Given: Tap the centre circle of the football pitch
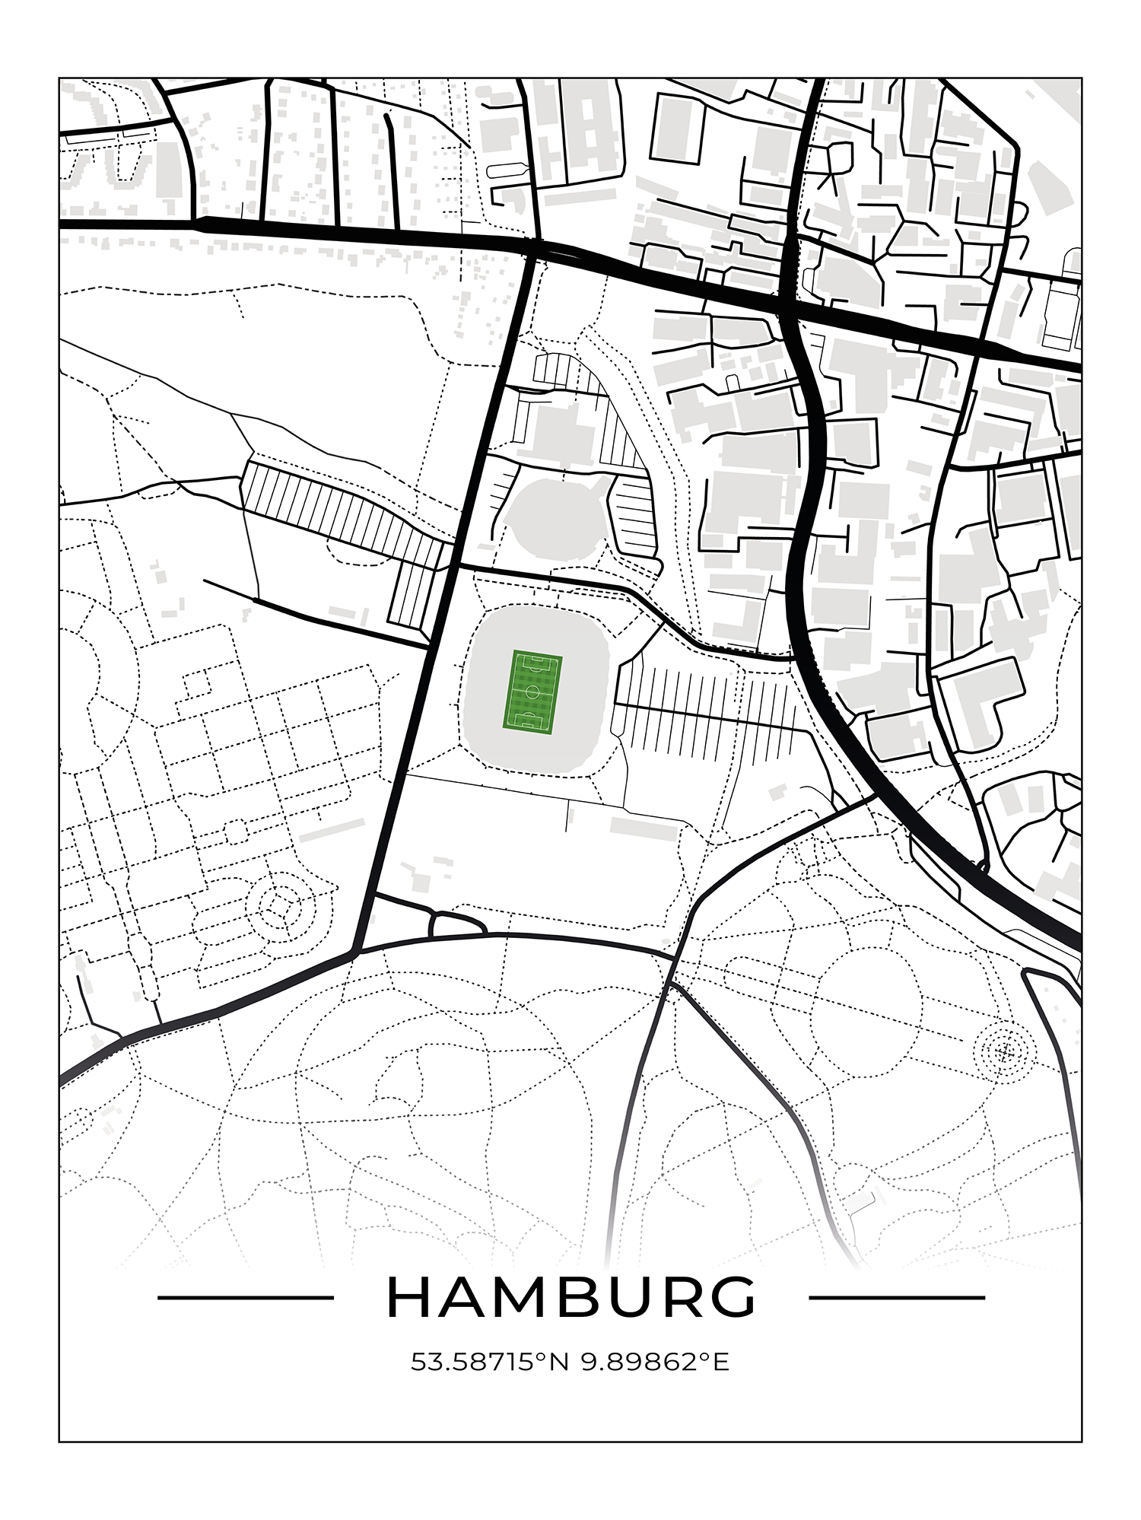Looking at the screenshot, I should pyautogui.click(x=532, y=692).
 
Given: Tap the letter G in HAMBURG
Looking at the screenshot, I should pyautogui.click(x=733, y=1297).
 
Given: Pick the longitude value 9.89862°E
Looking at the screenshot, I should pyautogui.click(x=655, y=1362).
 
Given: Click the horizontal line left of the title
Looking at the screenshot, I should pyautogui.click(x=245, y=1298).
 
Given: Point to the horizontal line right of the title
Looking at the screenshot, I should pyautogui.click(x=897, y=1298).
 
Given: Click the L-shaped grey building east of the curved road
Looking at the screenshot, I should pyautogui.click(x=981, y=700).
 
